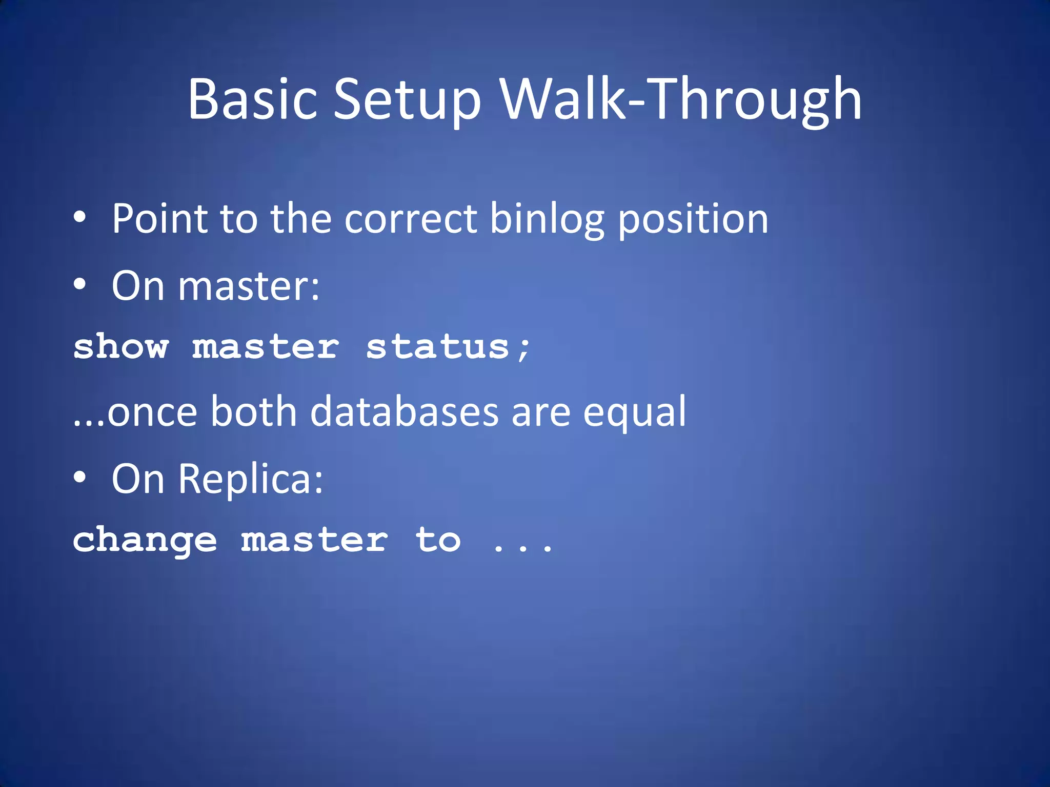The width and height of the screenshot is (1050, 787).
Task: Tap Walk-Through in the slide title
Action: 681,99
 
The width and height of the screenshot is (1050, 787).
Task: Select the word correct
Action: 411,219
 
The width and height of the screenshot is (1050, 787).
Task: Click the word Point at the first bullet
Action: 159,219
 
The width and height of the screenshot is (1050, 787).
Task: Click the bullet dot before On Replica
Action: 79,477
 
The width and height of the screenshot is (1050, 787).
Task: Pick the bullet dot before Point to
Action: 79,217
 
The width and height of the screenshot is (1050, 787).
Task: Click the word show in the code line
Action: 121,347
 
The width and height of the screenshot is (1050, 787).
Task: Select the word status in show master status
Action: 437,347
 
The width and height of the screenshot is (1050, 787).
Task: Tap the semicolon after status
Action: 523,349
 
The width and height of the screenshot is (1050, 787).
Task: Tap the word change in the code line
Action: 145,541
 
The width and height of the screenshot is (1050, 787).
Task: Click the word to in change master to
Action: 438,541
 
